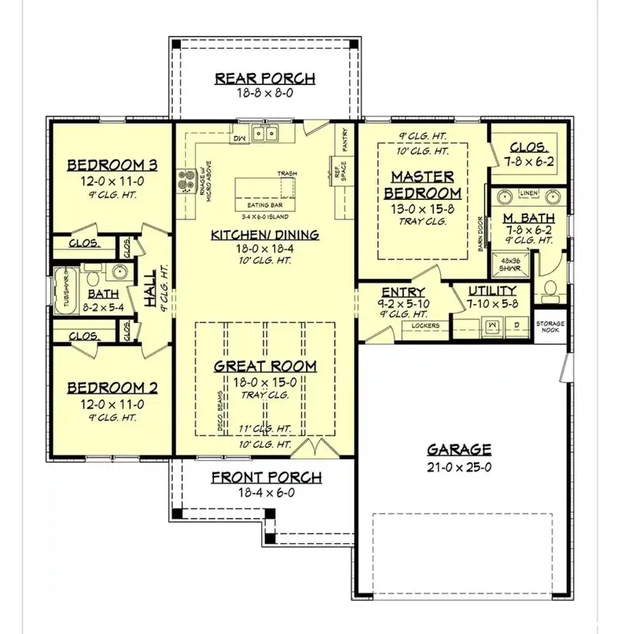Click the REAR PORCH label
point(264,78)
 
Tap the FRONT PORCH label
point(267,478)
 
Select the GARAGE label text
point(459,450)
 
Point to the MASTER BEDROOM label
point(422,184)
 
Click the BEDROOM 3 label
point(112,165)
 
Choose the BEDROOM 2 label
point(112,388)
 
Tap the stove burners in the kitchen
point(186,182)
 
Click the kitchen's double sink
point(265,132)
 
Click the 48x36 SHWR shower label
point(505,262)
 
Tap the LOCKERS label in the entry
point(426,326)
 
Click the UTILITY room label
point(493,290)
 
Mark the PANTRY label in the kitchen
point(345,140)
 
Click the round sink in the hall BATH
point(119,271)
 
